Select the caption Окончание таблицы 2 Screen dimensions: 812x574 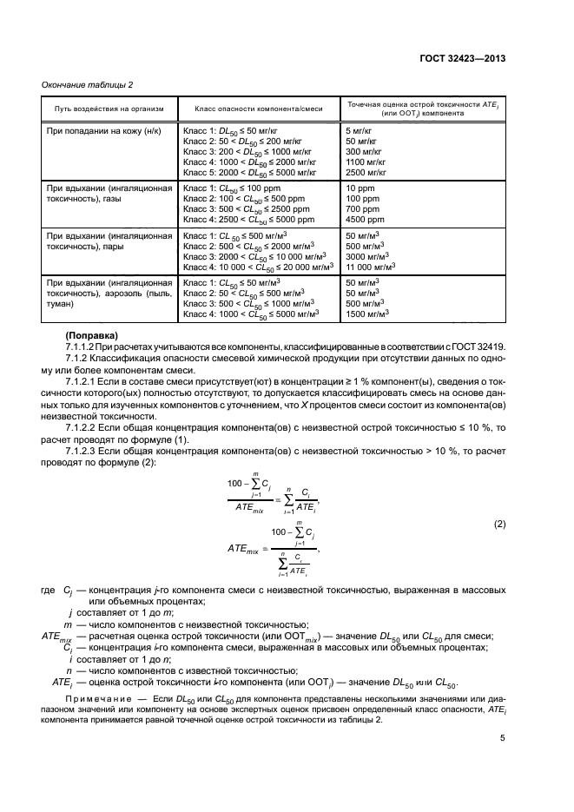pos(88,84)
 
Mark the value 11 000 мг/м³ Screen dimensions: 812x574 pos(373,268)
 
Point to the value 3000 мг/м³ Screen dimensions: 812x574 pos(368,257)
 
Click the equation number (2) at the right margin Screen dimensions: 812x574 pos(499,525)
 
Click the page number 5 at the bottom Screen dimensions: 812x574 pos(502,740)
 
